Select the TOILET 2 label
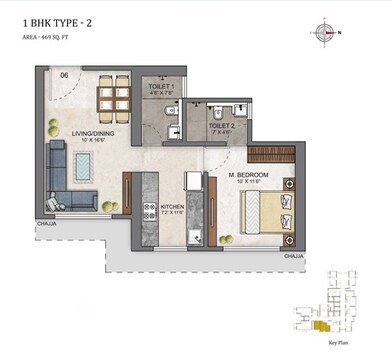(221, 125)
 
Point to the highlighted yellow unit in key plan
(319, 325)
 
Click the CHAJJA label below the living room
(46, 225)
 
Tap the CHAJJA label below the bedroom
(293, 256)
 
